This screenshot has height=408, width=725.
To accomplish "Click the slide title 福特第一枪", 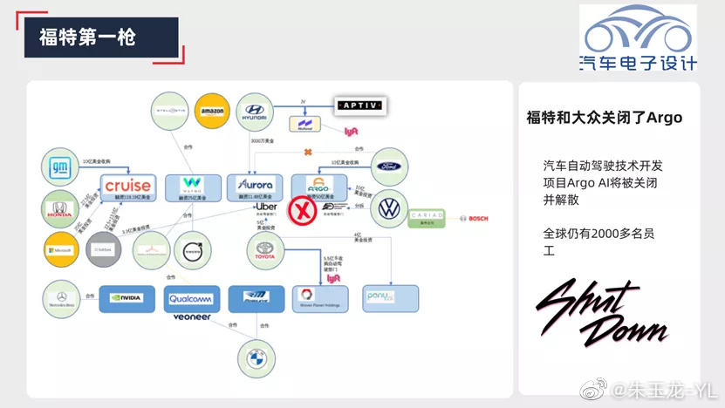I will (x=87, y=37).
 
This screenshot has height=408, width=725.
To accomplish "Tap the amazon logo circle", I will (x=213, y=111).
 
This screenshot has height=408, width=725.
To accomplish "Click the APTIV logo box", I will (x=361, y=105).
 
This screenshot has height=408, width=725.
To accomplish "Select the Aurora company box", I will (x=252, y=187).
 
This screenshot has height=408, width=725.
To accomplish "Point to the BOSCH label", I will (x=479, y=218).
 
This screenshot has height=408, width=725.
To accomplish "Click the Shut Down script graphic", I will (x=601, y=309).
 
